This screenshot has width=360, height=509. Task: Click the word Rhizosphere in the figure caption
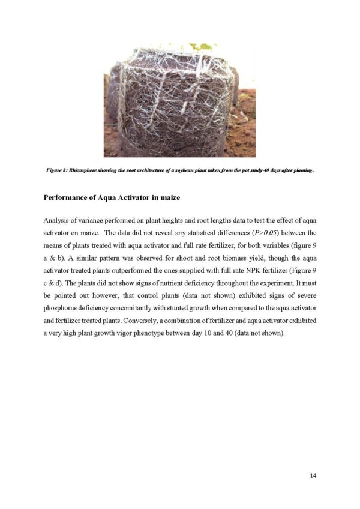pos(92,170)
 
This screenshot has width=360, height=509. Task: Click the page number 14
pos(313,475)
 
